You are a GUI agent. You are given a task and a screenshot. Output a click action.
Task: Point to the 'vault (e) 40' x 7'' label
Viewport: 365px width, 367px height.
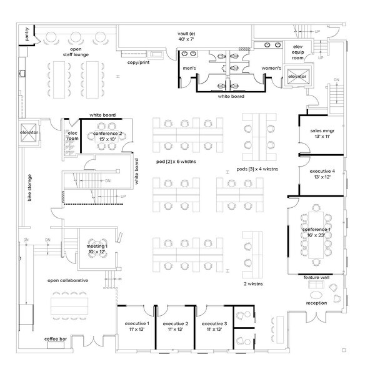click(x=186, y=36)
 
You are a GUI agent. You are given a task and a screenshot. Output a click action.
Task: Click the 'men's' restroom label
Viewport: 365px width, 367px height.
click(x=189, y=68)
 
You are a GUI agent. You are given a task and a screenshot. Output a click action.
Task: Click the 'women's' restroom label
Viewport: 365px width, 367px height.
click(x=271, y=68)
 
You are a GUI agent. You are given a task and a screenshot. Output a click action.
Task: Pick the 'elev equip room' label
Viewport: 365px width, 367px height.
click(x=297, y=52)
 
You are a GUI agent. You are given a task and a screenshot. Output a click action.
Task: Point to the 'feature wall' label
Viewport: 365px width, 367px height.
click(x=316, y=277)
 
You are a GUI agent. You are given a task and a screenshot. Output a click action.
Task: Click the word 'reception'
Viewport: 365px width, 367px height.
click(x=316, y=303)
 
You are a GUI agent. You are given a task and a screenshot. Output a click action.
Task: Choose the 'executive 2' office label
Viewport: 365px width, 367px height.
click(x=176, y=326)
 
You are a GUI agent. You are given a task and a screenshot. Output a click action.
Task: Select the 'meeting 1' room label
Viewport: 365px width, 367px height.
click(x=97, y=248)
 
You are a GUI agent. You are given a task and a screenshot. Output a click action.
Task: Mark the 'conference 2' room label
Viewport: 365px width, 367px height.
click(x=107, y=135)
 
